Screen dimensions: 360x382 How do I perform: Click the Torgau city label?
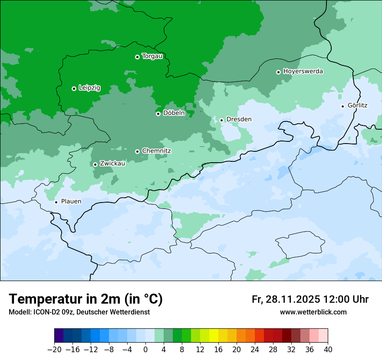[152, 56]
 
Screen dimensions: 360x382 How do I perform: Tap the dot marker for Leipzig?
[74, 88]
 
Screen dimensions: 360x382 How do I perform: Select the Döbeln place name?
[174, 113]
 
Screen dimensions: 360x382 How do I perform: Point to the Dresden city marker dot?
[221, 120]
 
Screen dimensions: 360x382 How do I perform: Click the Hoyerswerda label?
[303, 72]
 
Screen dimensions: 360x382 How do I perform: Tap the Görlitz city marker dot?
[342, 106]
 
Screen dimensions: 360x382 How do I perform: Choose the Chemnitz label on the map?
[157, 151]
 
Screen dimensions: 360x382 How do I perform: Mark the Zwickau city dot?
[95, 164]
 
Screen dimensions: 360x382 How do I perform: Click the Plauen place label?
[71, 202]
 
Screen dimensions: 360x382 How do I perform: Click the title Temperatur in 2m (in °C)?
[86, 299]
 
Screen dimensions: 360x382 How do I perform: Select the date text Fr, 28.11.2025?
[286, 299]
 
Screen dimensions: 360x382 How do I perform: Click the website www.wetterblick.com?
[313, 312]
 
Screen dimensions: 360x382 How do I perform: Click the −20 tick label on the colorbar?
[54, 350]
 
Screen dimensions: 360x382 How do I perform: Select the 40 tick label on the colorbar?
[328, 350]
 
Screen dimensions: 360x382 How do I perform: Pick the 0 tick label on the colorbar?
[145, 350]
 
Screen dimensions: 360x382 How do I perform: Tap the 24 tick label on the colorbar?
[255, 350]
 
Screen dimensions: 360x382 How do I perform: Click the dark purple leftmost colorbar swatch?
[59, 336]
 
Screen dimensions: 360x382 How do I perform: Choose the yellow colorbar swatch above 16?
[214, 336]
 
